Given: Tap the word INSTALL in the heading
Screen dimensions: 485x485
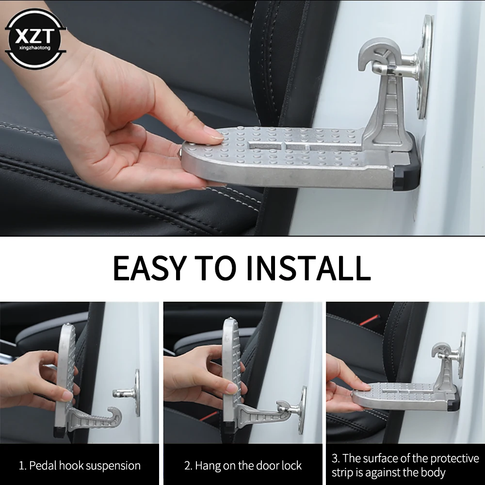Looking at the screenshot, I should [x=308, y=268].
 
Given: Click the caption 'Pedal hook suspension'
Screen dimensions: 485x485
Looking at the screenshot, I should [x=80, y=466].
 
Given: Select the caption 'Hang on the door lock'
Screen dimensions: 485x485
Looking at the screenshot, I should [x=243, y=466].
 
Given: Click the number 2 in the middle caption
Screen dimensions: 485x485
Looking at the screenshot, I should [x=187, y=466].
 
